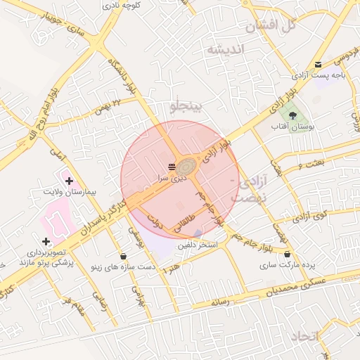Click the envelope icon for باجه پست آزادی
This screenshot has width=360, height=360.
319,64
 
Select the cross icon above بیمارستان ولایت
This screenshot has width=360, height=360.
69,181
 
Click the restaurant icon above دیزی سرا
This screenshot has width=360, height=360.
172,167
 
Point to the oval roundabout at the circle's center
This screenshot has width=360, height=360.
188,167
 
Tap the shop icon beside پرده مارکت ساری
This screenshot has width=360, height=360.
287,254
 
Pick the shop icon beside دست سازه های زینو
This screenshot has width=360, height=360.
124,256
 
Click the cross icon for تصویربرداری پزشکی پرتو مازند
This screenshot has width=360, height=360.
46,242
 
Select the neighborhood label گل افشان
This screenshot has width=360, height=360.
269,27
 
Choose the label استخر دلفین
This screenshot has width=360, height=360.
198,245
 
